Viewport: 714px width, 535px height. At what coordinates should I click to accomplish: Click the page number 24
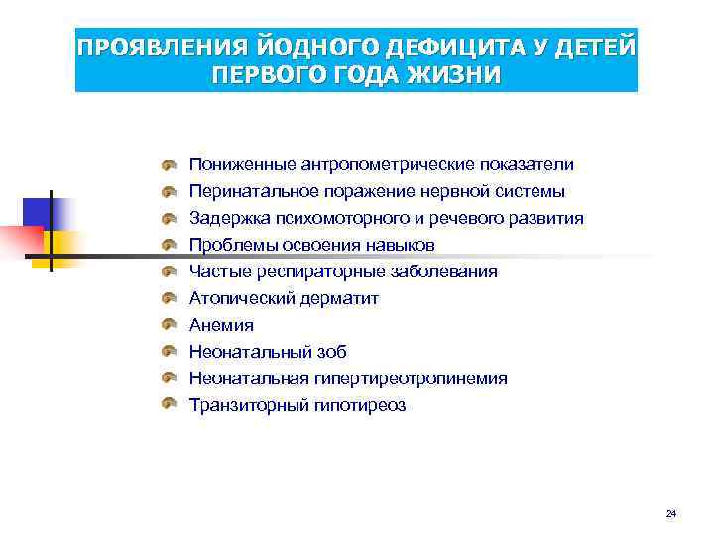click(x=671, y=513)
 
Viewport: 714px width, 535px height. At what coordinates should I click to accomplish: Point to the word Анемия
click(x=221, y=325)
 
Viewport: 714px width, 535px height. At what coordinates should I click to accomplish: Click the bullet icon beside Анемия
click(x=170, y=325)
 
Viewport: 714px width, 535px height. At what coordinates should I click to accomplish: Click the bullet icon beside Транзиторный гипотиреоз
click(x=170, y=405)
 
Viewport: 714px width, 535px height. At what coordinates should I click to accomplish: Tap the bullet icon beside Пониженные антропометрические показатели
click(x=170, y=164)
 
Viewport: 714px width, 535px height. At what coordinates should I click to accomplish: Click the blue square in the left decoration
click(x=38, y=211)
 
